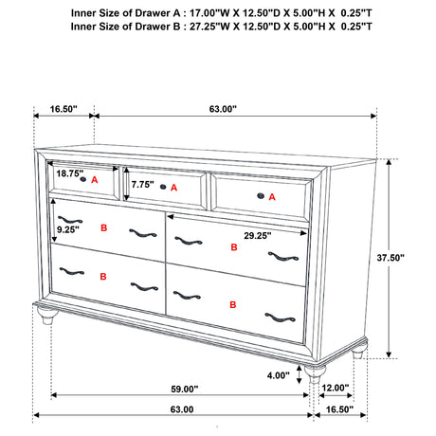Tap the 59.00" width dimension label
[185, 389]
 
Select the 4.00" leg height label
[279, 374]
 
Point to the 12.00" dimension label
[336, 389]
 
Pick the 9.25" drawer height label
[67, 228]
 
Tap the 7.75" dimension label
[144, 184]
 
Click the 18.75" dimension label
[68, 173]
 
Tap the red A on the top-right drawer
[272, 197]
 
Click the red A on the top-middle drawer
[173, 188]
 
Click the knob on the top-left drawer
[83, 179]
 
